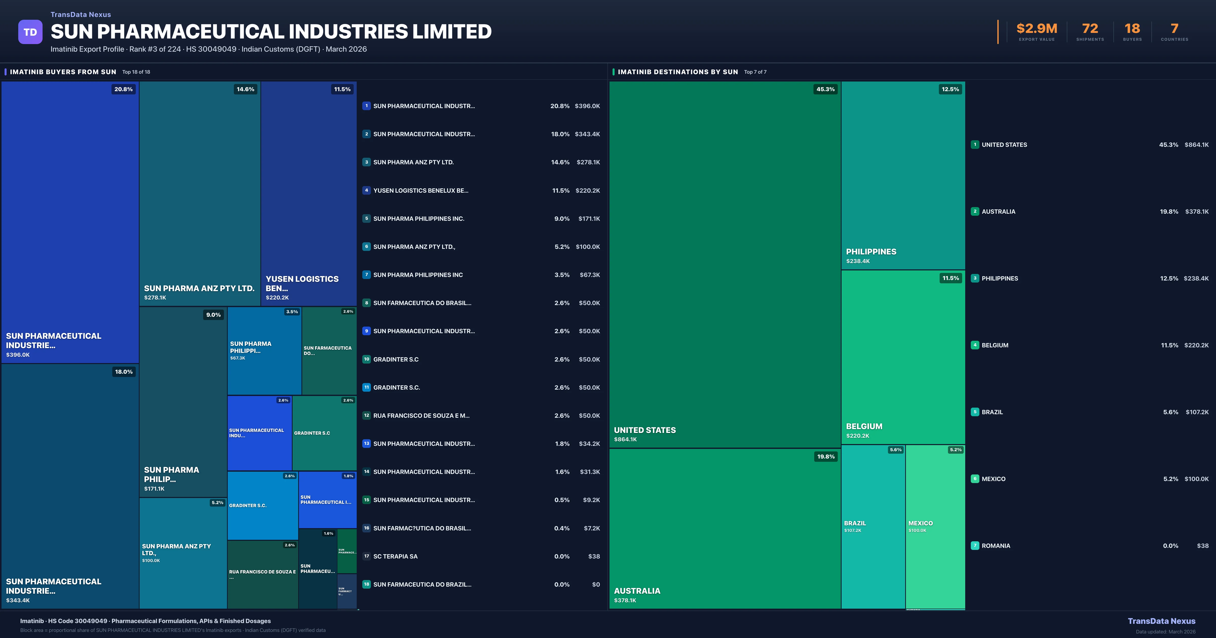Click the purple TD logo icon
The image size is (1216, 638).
point(30,32)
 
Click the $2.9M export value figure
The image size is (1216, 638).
point(1037,29)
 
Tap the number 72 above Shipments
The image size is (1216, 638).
point(1090,29)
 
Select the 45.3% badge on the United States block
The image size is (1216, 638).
point(825,89)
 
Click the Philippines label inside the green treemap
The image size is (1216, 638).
point(871,251)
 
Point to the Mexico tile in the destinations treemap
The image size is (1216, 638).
point(935,526)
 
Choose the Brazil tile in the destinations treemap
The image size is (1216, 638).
point(873,526)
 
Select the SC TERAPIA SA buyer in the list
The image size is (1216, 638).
point(395,556)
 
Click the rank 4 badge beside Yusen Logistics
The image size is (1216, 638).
point(366,190)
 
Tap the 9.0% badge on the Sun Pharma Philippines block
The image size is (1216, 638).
point(213,315)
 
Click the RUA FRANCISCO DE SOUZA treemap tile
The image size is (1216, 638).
point(262,574)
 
